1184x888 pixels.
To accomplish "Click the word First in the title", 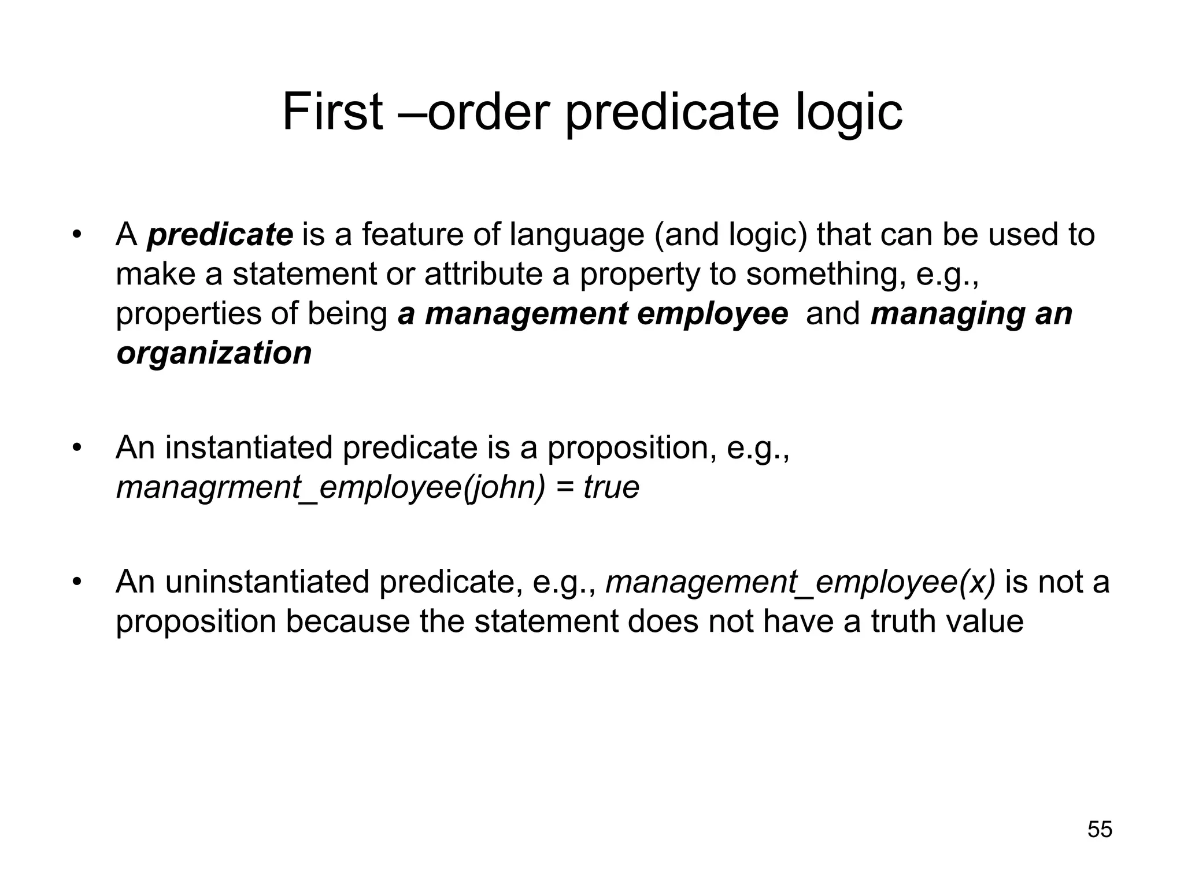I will (332, 113).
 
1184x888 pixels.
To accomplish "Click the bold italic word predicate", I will (220, 235).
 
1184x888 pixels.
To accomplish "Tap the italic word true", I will (611, 487).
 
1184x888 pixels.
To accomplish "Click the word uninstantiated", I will (267, 582).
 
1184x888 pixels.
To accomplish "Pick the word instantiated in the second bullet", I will (249, 448).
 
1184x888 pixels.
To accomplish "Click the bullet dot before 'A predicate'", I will (76, 235).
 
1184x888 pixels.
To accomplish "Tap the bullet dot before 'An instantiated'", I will (76, 448).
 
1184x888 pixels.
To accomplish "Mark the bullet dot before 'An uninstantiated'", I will (76, 582).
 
